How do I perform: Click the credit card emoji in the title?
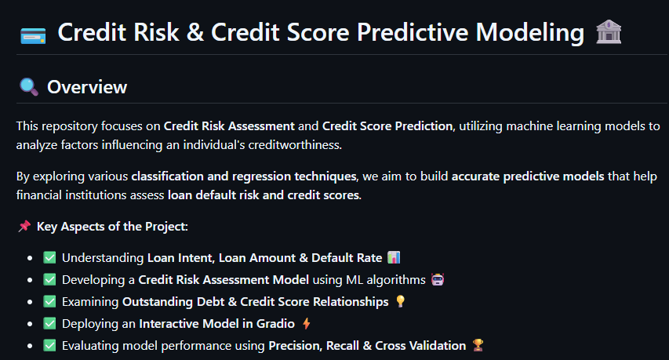coord(33,35)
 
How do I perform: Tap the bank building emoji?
coord(609,32)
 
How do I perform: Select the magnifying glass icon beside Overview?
coord(29,86)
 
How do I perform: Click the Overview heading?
coord(87,87)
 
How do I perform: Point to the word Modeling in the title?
coord(529,33)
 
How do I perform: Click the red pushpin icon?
coord(24,226)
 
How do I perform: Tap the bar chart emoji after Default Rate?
coord(394,257)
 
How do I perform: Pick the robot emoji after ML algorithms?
coord(438,279)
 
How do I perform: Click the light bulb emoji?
coord(400,301)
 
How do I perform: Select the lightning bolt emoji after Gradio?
coord(307,323)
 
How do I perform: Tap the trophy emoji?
coord(478,345)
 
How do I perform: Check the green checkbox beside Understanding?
coord(49,257)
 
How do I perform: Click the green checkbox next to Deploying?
coord(49,323)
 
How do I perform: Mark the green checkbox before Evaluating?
coord(49,345)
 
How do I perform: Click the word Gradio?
coord(275,324)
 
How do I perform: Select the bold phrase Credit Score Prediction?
coord(387,126)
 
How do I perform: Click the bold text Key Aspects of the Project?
coord(112,227)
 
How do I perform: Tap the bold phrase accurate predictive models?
coord(528,176)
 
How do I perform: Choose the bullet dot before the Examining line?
coord(30,302)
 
